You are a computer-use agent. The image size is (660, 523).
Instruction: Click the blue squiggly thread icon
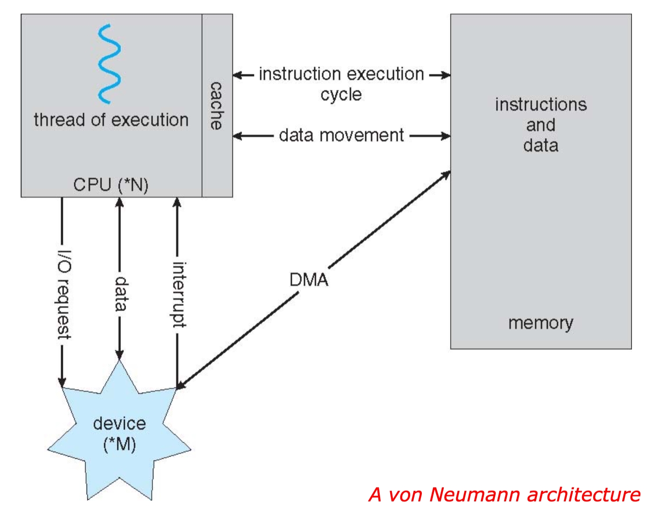(x=109, y=64)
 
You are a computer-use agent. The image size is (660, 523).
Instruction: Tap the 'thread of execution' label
(x=111, y=120)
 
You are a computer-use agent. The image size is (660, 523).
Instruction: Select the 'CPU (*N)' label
(x=111, y=185)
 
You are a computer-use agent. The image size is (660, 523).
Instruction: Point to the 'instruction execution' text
(x=341, y=74)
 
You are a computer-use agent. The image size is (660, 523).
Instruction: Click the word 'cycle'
(x=341, y=94)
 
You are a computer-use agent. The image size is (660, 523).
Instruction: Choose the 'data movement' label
(x=341, y=135)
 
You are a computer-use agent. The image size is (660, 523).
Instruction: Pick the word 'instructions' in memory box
(x=541, y=105)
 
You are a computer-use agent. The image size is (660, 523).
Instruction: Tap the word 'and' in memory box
(x=541, y=125)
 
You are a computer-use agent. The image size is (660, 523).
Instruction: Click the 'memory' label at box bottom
(x=541, y=323)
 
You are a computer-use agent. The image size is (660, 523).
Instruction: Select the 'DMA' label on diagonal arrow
(x=309, y=280)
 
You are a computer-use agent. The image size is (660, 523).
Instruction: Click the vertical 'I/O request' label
(x=64, y=294)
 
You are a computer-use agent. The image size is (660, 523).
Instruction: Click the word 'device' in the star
(x=120, y=424)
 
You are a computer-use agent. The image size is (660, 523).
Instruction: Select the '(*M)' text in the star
(x=120, y=444)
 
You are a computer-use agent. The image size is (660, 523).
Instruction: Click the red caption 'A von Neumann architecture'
(x=504, y=494)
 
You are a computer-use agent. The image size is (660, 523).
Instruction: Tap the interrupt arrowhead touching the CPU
(x=177, y=203)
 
